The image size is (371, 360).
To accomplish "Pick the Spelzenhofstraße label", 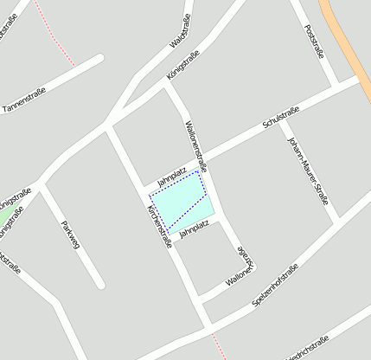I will pos(275,285).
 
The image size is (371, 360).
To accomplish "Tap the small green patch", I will pos(5,213).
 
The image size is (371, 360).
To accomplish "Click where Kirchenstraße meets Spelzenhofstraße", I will pos(208,327).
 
